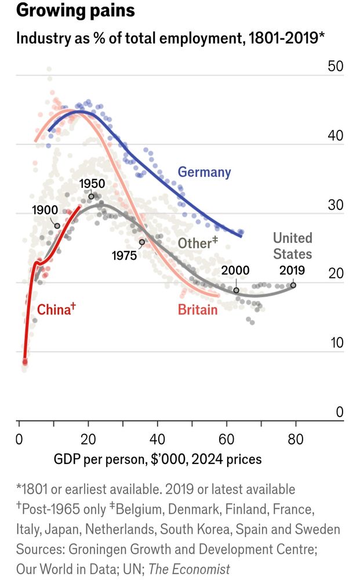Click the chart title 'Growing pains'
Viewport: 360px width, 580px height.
[75, 10]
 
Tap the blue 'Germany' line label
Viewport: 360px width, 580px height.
[204, 172]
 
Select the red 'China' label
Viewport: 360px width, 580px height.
[55, 309]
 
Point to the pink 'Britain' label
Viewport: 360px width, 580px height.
[198, 310]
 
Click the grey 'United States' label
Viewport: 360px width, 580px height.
[292, 246]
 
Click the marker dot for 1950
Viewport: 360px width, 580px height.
[91, 197]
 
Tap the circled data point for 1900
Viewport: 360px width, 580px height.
[57, 226]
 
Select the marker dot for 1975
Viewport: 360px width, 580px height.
[142, 242]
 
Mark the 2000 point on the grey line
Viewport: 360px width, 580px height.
[236, 290]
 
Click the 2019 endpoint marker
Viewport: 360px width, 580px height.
[293, 285]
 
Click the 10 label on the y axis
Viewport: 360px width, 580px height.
[336, 343]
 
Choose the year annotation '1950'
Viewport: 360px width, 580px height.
[92, 184]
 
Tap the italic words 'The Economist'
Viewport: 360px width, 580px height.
[190, 569]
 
